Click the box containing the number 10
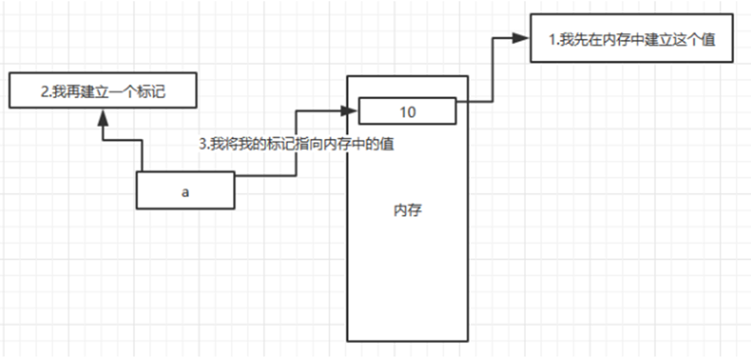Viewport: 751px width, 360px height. pos(407,111)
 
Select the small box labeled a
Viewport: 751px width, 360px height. pos(185,191)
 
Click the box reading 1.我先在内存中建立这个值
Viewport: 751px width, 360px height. pos(632,38)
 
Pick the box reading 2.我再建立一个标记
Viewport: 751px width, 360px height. pos(100,91)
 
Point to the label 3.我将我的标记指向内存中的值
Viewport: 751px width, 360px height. pos(297,145)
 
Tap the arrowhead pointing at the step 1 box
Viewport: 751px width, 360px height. pos(522,38)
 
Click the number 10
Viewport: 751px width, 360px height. pos(407,111)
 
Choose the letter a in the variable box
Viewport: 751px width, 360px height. pos(185,191)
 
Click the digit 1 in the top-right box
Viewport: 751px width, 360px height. pos(553,39)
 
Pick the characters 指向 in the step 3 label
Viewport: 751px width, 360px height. pos(312,145)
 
